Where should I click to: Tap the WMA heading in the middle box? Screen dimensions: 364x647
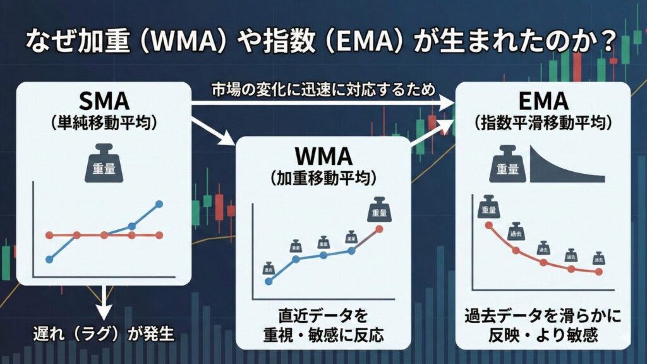pos(323,156)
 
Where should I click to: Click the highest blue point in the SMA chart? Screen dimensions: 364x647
pos(159,204)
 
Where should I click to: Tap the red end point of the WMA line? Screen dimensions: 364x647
pos(379,229)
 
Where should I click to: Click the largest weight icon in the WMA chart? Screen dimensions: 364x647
pos(377,210)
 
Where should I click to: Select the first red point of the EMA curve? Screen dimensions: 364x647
pos(488,225)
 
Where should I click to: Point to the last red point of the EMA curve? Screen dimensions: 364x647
pos(599,272)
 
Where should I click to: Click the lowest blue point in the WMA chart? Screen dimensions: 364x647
pos(269,282)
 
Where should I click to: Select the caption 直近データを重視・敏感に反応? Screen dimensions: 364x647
pos(323,324)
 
